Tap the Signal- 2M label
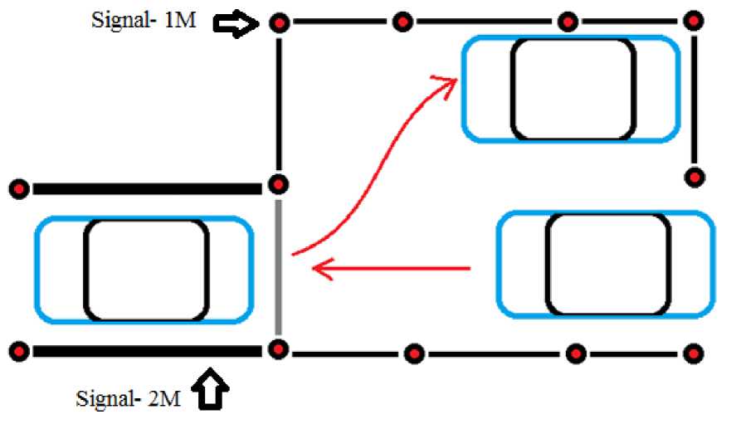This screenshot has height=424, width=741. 127,397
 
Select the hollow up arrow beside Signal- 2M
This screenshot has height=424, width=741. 212,391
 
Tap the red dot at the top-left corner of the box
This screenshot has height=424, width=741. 280,23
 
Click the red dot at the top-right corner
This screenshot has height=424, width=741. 694,21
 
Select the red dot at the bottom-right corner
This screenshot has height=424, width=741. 692,354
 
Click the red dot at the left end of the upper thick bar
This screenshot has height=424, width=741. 21,190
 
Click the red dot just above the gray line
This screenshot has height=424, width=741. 280,183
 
